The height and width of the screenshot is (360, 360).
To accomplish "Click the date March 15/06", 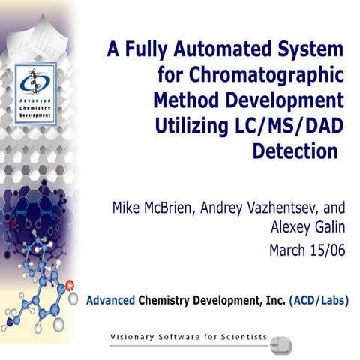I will coord(304,250).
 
